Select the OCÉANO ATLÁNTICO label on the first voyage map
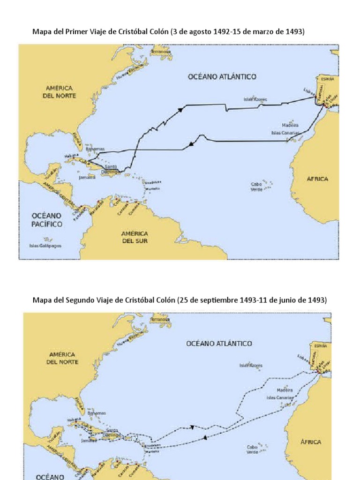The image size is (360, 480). coord(222,76)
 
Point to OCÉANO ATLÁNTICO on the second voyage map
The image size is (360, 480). coord(219,344)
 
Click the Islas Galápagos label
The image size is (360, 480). coord(45,246)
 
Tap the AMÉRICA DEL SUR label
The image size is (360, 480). coord(135,237)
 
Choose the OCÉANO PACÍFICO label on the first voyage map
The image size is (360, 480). coord(47,220)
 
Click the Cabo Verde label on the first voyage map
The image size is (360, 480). coord(256,186)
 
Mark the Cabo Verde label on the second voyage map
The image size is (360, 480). coord(252,450)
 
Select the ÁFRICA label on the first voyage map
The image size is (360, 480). coord(317,179)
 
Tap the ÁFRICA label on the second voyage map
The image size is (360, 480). coord(311,442)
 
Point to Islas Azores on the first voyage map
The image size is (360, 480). coord(255,99)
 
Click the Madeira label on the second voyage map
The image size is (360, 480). coord(285,390)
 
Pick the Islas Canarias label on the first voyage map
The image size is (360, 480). coord(285,133)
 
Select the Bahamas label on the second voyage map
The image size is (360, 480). coord(96,413)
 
